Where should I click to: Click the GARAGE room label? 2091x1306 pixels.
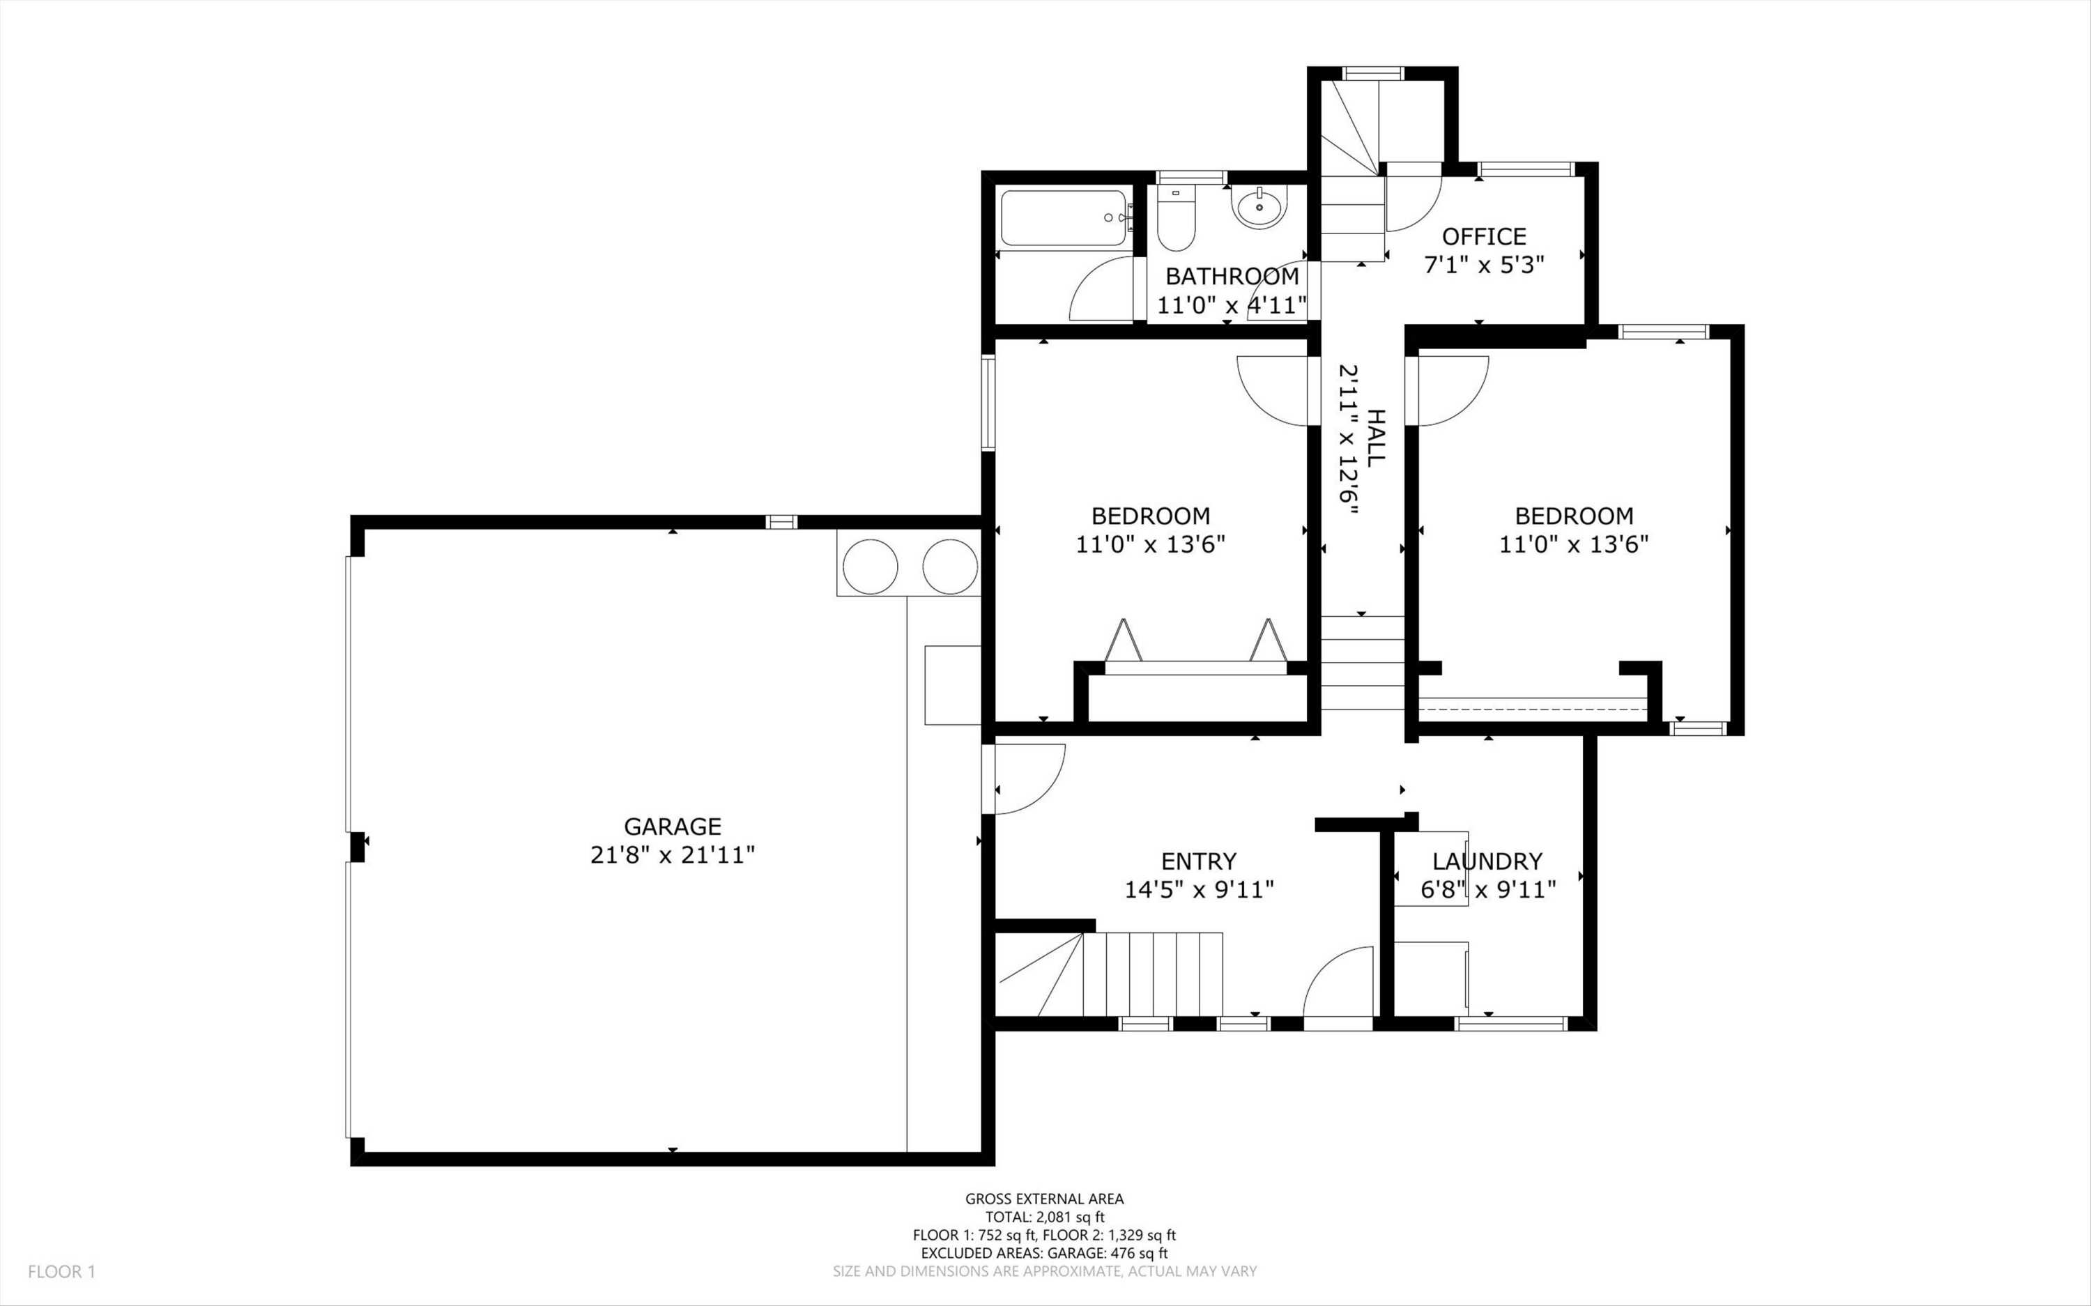[672, 827]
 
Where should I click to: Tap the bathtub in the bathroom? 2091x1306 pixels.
[1062, 219]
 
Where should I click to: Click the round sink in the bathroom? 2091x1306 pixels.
[1259, 207]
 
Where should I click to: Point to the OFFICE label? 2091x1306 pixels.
[1484, 236]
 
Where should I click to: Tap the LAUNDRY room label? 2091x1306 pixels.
[1487, 861]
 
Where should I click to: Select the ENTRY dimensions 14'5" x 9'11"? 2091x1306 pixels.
[1199, 890]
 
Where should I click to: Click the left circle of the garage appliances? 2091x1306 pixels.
[870, 567]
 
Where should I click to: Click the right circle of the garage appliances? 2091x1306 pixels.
[950, 567]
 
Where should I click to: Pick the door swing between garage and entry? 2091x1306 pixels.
[1028, 779]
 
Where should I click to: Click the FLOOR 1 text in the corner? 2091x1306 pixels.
[61, 1271]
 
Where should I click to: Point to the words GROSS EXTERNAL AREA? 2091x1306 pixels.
[1044, 1198]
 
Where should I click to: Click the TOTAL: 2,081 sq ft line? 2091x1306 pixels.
[1044, 1217]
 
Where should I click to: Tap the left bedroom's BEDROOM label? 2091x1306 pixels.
[1151, 516]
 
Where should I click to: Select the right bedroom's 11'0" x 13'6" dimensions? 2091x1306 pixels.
[1574, 544]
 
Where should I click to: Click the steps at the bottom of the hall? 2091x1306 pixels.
[1362, 663]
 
